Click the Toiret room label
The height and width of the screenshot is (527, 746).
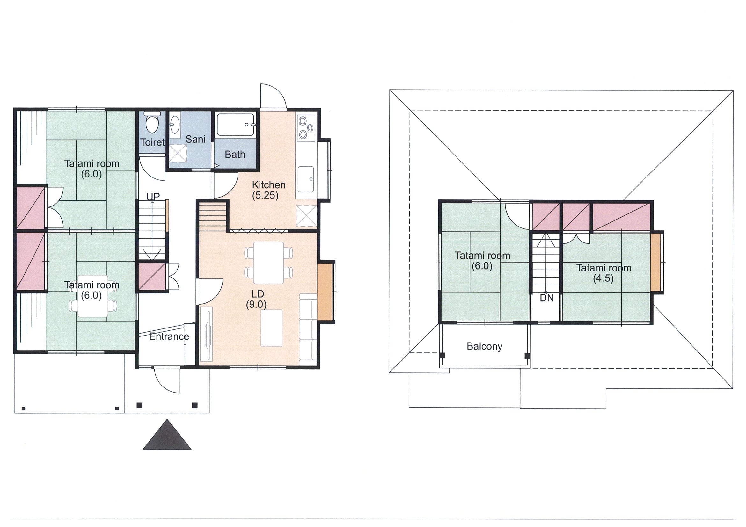pyautogui.click(x=152, y=142)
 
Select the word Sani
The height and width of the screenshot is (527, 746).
pyautogui.click(x=196, y=139)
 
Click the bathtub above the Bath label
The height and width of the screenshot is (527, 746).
pyautogui.click(x=236, y=125)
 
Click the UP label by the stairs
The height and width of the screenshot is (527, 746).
pyautogui.click(x=153, y=197)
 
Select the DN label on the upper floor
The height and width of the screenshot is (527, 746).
pyautogui.click(x=547, y=298)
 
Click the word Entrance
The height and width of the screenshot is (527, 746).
pyautogui.click(x=169, y=336)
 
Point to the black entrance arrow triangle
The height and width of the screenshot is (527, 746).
pyautogui.click(x=167, y=435)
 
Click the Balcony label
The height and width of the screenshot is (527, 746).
pyautogui.click(x=485, y=346)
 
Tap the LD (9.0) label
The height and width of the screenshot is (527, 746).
pyautogui.click(x=257, y=300)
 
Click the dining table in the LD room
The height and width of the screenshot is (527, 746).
pyautogui.click(x=269, y=263)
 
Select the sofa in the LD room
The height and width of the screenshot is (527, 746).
pyautogui.click(x=308, y=329)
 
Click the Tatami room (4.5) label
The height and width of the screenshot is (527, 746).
pyautogui.click(x=604, y=273)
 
